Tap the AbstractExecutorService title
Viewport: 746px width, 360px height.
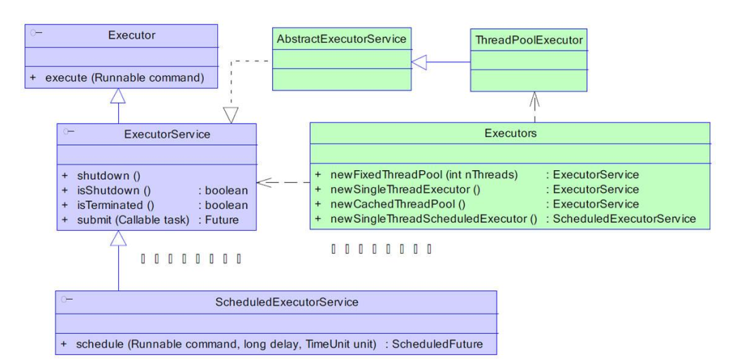pyautogui.click(x=341, y=39)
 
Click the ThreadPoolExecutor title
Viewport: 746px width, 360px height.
pyautogui.click(x=528, y=40)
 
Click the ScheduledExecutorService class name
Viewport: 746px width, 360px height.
pyautogui.click(x=287, y=302)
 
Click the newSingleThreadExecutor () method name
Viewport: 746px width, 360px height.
pyautogui.click(x=397, y=189)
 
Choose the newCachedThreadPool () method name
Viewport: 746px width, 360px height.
pyautogui.click(x=391, y=204)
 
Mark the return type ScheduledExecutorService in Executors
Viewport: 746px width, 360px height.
pyautogui.click(x=621, y=219)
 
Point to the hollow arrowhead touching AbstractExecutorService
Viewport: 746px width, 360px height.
pyautogui.click(x=418, y=63)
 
